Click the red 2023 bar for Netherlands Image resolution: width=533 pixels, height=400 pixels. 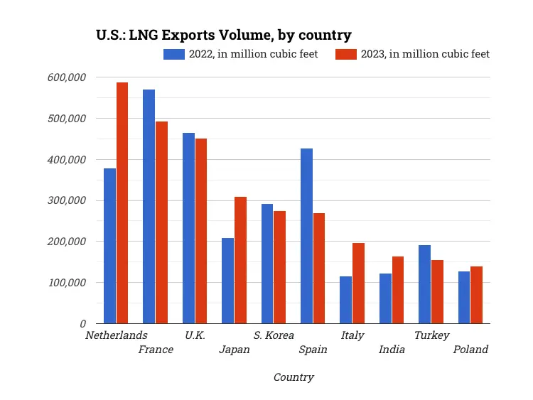click(122, 203)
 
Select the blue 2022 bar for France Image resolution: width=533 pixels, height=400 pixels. click(149, 207)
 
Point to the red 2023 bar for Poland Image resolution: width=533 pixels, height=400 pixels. click(476, 295)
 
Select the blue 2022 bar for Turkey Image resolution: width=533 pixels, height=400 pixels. click(424, 284)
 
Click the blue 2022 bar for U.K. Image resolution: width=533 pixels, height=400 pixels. click(188, 228)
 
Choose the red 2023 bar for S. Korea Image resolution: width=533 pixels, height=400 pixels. click(280, 267)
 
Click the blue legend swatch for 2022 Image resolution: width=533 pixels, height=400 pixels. click(174, 54)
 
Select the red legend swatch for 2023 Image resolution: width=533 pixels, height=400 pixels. click(345, 54)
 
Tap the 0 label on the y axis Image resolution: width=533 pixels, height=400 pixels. click(82, 323)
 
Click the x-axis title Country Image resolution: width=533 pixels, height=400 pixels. click(294, 377)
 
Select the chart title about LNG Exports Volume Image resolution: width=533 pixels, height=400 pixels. click(224, 35)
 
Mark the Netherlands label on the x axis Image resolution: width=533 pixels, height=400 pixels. click(116, 335)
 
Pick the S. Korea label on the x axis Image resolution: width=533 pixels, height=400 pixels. click(274, 335)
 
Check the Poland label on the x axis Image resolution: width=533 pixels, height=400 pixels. click(470, 350)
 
